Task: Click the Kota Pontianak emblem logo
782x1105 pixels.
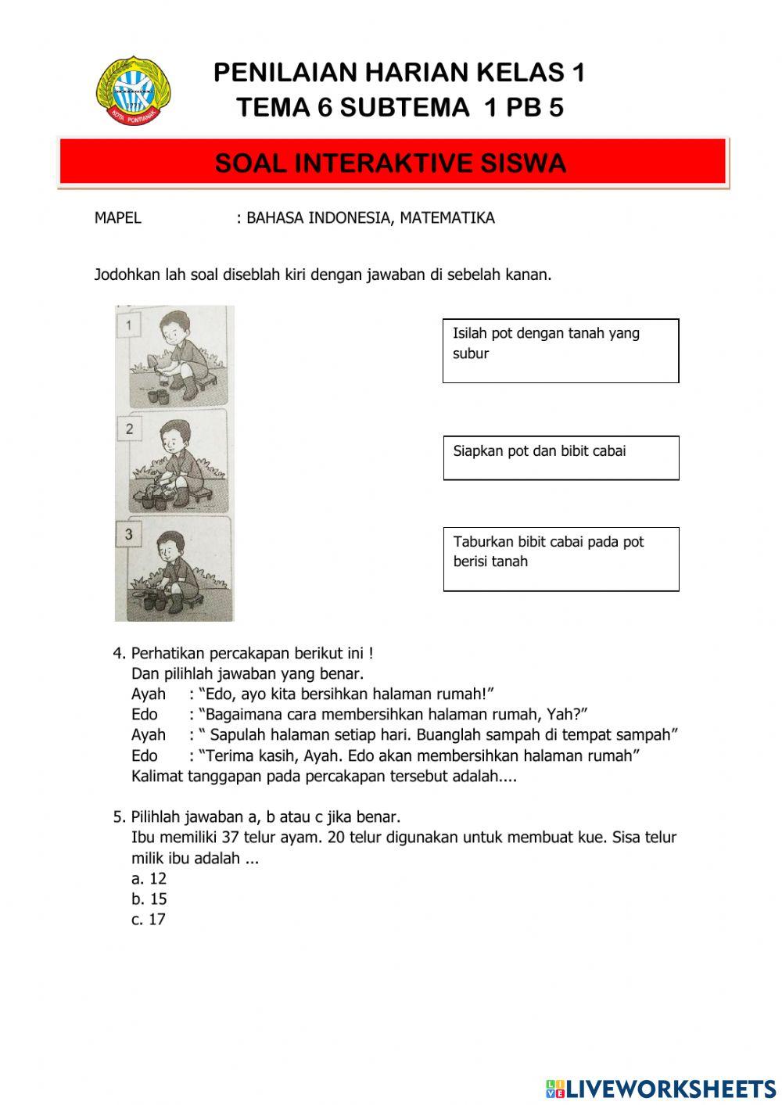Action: click(133, 91)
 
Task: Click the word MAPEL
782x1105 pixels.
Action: click(118, 218)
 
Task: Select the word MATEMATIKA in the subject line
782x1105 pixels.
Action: click(447, 218)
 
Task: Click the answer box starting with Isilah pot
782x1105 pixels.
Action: click(560, 350)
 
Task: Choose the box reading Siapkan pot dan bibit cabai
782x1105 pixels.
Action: click(560, 457)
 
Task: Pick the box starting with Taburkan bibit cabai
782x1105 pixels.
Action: click(560, 558)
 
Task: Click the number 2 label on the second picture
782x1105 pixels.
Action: click(129, 429)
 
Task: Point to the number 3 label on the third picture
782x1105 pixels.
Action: click(129, 535)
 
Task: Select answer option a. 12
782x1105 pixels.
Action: click(149, 878)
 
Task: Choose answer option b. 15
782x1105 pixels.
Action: click(149, 899)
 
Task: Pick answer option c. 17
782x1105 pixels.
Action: click(149, 920)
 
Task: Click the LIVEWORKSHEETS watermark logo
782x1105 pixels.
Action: click(661, 1088)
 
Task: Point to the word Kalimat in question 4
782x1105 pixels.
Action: click(157, 777)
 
